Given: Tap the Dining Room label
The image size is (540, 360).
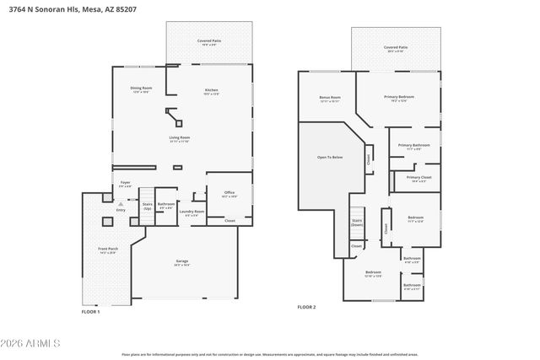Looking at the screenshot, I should tap(141, 89).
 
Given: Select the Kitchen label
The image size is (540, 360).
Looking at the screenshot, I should tap(211, 91).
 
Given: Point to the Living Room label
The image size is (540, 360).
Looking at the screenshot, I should tap(180, 137).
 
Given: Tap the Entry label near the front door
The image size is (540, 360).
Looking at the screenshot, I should tap(120, 210).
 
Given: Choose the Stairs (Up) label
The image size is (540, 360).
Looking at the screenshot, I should tap(147, 205).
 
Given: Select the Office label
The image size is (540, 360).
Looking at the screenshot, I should tap(229, 194).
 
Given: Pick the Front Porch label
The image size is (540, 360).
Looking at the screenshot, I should tap(108, 250).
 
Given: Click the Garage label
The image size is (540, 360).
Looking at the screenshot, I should tap(181, 262).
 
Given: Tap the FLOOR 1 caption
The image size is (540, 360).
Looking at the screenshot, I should tap(90, 312).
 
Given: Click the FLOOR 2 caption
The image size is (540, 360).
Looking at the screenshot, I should tap(306, 307).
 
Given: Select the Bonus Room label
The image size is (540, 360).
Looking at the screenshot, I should tap(329, 98).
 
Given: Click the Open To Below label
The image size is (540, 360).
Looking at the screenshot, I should tap(330, 158).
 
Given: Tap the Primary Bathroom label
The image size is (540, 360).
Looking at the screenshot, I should tap(414, 146).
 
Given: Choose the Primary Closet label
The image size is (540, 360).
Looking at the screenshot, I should tap(418, 178).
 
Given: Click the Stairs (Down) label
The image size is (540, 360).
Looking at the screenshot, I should tap(357, 223).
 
